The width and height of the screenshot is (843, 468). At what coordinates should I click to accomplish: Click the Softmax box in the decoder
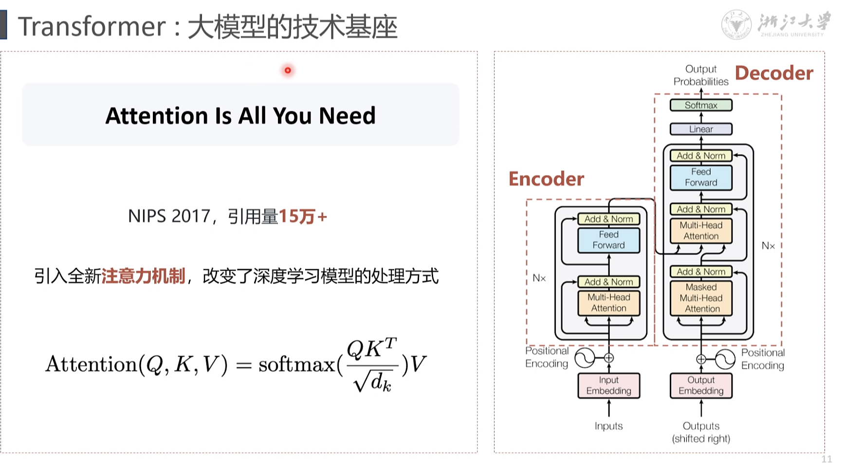[x=701, y=105]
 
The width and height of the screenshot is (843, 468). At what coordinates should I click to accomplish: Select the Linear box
[x=701, y=129]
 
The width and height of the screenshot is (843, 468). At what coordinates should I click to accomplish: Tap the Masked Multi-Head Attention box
[x=701, y=298]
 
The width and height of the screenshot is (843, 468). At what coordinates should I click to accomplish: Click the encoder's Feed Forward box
[x=608, y=240]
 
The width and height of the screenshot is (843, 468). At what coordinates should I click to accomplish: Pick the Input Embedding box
[x=608, y=385]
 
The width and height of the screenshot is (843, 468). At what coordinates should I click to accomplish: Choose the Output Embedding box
[x=701, y=385]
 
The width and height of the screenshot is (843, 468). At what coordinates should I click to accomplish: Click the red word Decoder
[x=774, y=73]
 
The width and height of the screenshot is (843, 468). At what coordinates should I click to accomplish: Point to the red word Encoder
[x=546, y=179]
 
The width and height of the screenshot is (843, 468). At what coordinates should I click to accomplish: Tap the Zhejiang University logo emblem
[x=736, y=24]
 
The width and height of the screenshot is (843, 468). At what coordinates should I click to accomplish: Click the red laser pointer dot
[x=288, y=71]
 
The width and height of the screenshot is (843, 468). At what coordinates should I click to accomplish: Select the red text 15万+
[x=302, y=216]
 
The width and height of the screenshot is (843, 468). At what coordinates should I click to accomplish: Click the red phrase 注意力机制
[x=143, y=276]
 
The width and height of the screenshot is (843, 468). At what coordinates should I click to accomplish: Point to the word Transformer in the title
[x=92, y=26]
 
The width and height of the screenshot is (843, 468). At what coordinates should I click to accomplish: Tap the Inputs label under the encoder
[x=608, y=426]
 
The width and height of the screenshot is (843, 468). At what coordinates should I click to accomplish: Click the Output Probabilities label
[x=701, y=75]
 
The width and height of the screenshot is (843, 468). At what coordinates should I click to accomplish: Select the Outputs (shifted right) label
[x=701, y=432]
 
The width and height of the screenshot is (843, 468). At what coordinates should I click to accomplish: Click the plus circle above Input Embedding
[x=608, y=358]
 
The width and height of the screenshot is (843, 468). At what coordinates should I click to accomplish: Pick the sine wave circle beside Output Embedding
[x=725, y=360]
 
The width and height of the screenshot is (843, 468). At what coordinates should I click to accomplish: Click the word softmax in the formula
[x=296, y=364]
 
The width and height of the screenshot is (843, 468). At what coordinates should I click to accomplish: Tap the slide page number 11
[x=826, y=459]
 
